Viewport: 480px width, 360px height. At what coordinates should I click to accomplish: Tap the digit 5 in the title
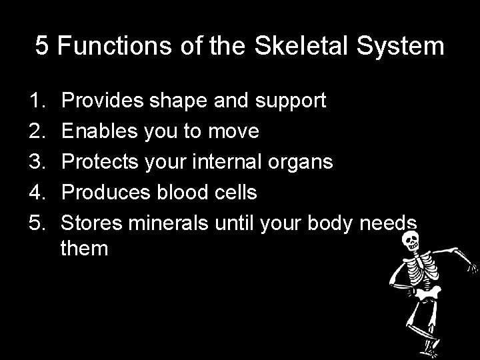pyautogui.click(x=42, y=46)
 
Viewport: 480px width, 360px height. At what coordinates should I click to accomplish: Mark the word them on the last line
pyautogui.click(x=84, y=249)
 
